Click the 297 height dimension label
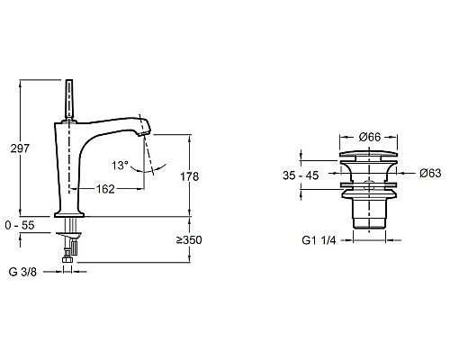tap(20, 148)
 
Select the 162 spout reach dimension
tap(105, 189)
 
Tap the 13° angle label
tap(120, 165)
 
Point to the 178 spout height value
tap(189, 176)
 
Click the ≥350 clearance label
tap(189, 240)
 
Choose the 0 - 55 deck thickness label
tap(20, 225)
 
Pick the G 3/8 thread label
tap(22, 272)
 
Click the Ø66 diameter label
tap(369, 137)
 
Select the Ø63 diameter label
tap(430, 173)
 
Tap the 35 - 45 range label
tap(301, 175)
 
